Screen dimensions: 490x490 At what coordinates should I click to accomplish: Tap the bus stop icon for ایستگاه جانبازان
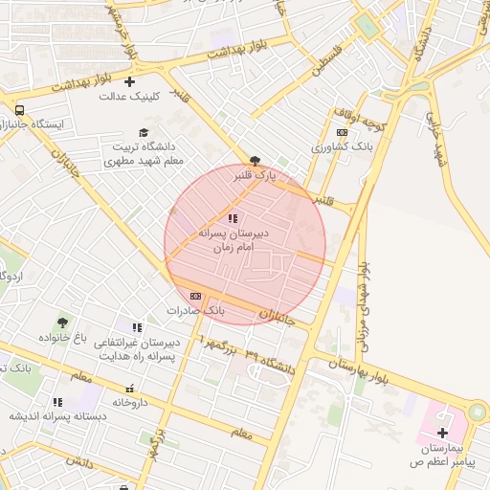point(20,110)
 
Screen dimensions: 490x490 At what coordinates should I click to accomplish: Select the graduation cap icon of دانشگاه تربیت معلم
point(144,133)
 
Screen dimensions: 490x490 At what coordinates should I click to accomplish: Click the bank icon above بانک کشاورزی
point(342,133)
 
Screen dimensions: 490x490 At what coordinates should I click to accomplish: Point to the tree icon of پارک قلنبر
point(255,161)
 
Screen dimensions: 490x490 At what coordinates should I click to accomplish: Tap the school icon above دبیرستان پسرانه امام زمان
point(234,218)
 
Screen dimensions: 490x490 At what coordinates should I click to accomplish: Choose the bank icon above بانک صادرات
point(196,296)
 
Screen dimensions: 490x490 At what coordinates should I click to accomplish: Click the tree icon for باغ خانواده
point(63,323)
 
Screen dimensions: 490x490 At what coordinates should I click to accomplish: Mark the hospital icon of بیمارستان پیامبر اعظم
point(442,434)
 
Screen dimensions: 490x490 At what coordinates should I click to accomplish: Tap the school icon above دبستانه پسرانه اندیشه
point(57,402)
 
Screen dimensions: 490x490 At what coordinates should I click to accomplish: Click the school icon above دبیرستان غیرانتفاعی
point(137,327)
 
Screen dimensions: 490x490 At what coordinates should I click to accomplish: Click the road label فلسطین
point(325,58)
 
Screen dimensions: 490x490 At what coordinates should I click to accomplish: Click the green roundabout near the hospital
point(476,412)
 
